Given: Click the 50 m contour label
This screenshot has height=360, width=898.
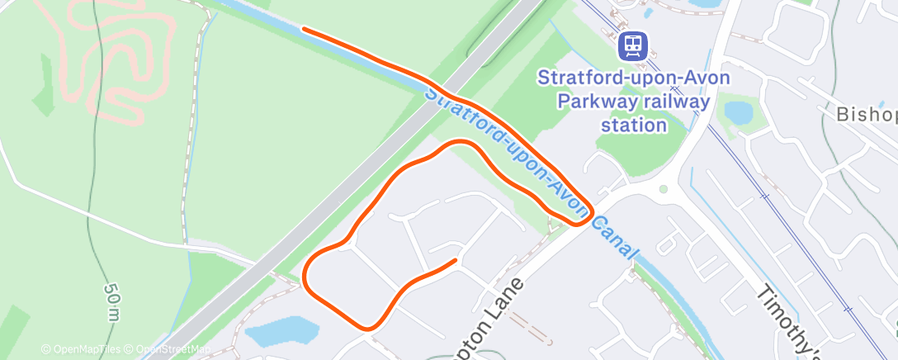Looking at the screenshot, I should tap(111, 303).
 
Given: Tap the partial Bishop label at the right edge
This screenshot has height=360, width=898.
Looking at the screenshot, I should tap(866, 115).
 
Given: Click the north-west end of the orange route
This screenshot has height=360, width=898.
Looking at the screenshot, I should tap(305, 30).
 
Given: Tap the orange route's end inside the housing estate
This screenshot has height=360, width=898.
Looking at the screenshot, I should tap(455, 261).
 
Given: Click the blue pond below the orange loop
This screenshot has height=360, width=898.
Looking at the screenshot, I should tap(282, 332).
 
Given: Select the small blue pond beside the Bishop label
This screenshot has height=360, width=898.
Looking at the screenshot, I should tap(737, 111).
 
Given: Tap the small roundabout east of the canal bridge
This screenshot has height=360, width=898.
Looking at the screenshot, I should tap(663, 189).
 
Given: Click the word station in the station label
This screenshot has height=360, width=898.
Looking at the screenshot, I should tap(634, 126).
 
